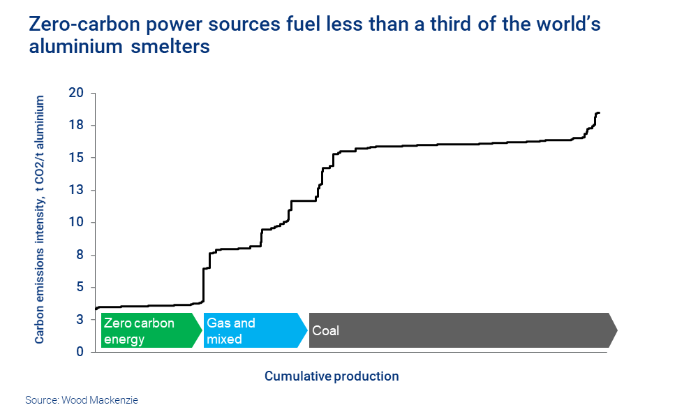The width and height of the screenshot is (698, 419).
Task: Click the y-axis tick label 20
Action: [76, 93]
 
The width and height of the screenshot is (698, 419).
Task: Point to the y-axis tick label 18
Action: [76, 126]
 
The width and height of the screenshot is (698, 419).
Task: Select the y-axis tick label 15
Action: [76, 158]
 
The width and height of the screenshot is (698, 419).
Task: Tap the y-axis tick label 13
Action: [76, 190]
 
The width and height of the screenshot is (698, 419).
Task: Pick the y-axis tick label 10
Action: [76, 223]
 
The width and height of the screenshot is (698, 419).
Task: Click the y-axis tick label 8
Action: [80, 255]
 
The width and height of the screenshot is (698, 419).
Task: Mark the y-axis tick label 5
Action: [80, 287]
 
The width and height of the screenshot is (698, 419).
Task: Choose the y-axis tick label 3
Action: [80, 320]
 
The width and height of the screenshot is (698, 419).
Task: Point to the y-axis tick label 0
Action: [80, 352]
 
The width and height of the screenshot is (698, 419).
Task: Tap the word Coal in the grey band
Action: [326, 331]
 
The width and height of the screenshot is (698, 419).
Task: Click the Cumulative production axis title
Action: [332, 376]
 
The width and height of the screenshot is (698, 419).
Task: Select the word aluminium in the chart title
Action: [68, 47]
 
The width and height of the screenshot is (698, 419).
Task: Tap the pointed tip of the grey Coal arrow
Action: [616, 331]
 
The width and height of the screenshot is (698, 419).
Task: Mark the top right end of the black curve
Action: [599, 113]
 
